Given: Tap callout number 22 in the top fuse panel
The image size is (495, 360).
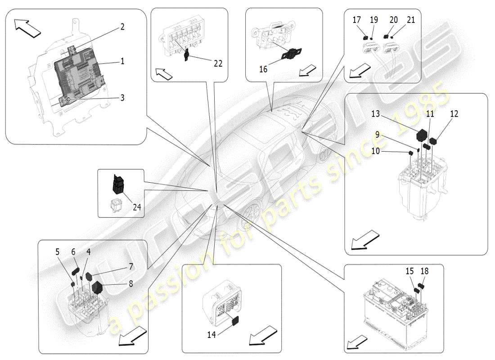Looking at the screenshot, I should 217,64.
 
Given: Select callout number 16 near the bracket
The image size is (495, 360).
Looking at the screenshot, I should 263,69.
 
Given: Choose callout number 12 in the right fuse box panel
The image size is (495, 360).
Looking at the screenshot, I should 454,114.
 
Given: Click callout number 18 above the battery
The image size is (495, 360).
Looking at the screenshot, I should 424,271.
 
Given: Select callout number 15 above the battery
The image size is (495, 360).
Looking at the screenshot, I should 409,271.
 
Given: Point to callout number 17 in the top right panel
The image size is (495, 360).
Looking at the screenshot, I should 356,20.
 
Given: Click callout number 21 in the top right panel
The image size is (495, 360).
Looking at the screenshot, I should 410,20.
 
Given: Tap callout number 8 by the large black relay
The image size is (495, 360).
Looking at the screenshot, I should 130,284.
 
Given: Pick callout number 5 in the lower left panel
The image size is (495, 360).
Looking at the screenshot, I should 57,252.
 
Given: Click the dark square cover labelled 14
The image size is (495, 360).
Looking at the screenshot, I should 235,320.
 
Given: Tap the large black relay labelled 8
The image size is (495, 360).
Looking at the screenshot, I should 98,288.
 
